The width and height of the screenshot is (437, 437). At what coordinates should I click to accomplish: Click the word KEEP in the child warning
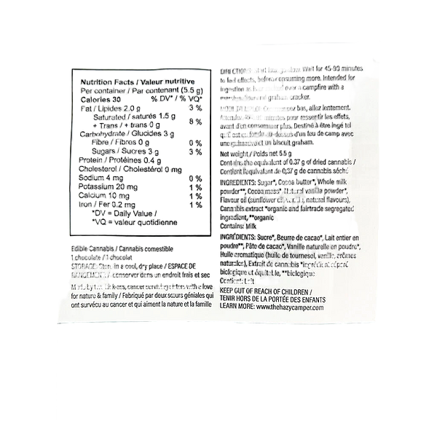[x=228, y=290]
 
